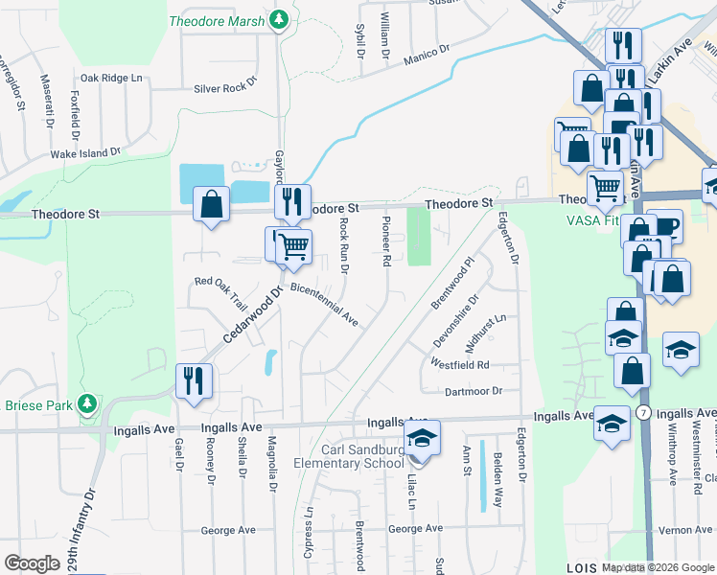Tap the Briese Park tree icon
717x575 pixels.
88,403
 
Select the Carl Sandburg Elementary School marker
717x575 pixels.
421,438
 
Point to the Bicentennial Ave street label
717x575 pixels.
323,305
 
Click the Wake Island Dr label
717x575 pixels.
85,152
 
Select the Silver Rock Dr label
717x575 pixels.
226,86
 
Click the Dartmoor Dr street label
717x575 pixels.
474,391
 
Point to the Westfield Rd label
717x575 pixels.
460,365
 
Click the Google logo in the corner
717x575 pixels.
32,563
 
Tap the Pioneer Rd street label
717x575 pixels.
386,241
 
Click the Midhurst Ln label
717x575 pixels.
485,331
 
